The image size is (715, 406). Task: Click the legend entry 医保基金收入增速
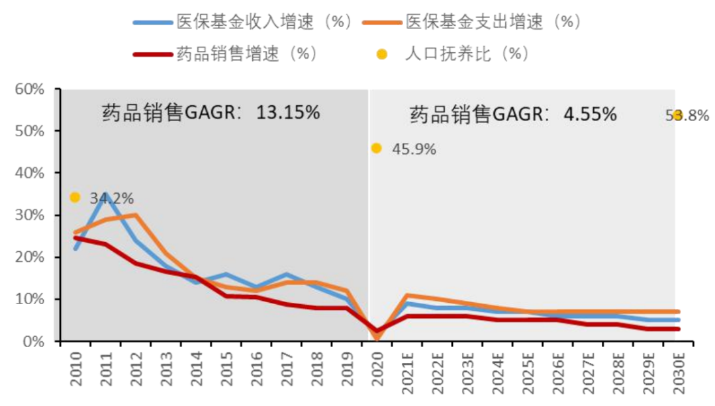242,21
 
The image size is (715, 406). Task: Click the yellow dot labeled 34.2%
75,197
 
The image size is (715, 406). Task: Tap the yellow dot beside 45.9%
376,148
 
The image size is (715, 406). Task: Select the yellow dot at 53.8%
677,115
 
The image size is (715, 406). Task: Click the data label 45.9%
414,149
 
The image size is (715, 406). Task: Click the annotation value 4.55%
590,114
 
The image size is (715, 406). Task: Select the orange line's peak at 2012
136,215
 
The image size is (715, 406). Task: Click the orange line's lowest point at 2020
377,339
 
